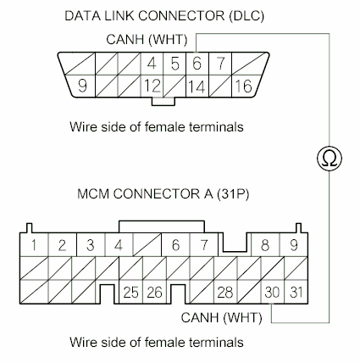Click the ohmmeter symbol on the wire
[x=328, y=157]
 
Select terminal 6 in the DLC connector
[x=196, y=63]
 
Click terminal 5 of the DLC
[x=174, y=63]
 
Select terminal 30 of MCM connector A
[x=273, y=293]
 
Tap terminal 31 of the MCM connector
[x=295, y=293]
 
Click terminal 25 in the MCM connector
[x=131, y=293]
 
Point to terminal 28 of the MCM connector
[x=224, y=293]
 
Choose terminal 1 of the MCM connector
[x=32, y=245]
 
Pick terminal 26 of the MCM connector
[x=153, y=293]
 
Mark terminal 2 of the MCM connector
[x=62, y=245]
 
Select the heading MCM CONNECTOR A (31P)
[x=155, y=195]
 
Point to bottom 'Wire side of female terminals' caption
[x=157, y=343]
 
